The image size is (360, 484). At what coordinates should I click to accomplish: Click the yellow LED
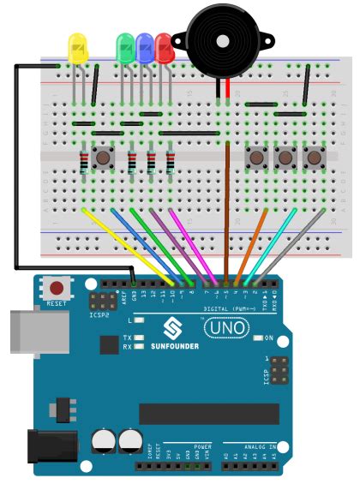pyautogui.click(x=77, y=48)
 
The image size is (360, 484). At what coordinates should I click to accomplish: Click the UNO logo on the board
pyautogui.click(x=225, y=327)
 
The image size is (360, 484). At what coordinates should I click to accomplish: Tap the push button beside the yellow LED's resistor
pyautogui.click(x=105, y=158)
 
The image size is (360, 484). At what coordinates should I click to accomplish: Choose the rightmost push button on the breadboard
pyautogui.click(x=314, y=158)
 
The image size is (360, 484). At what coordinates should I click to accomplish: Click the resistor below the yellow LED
pyautogui.click(x=83, y=161)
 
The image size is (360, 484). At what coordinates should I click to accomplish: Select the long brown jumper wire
pyautogui.click(x=227, y=206)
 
